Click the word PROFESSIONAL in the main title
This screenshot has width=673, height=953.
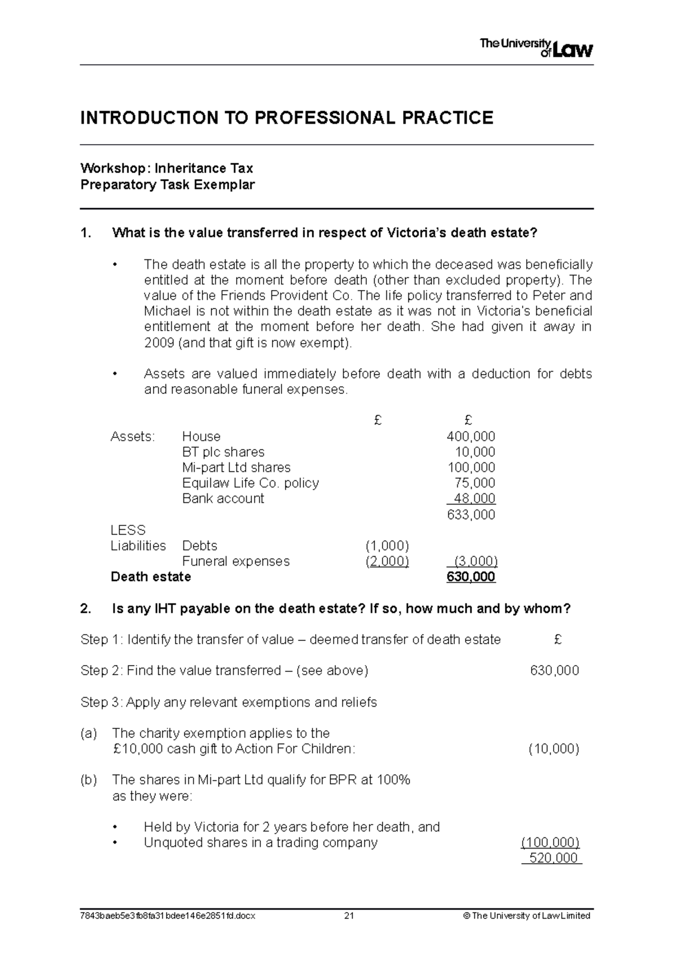(325, 118)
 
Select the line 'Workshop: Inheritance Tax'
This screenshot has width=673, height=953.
(167, 168)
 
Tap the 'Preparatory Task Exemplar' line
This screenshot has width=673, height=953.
(168, 185)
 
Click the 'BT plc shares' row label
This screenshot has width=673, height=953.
(223, 452)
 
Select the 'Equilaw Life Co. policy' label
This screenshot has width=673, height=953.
(250, 483)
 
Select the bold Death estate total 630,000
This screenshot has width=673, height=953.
(471, 577)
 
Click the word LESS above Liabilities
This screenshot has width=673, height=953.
(128, 530)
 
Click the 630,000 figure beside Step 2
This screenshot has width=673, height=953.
(554, 671)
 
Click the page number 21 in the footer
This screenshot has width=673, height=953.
(349, 916)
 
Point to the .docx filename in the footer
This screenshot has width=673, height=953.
(168, 916)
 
